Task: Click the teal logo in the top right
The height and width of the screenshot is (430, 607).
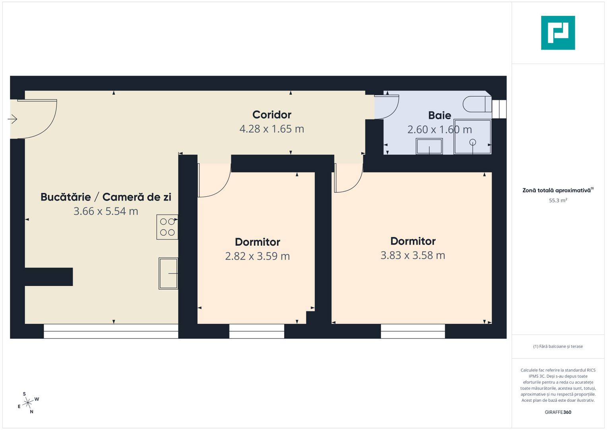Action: pyautogui.click(x=558, y=33)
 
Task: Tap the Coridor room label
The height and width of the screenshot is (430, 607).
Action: pyautogui.click(x=272, y=115)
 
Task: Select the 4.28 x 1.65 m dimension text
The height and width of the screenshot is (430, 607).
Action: pyautogui.click(x=272, y=129)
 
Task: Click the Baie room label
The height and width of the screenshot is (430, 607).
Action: pyautogui.click(x=440, y=115)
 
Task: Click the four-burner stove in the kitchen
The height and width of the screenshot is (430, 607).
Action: pyautogui.click(x=167, y=227)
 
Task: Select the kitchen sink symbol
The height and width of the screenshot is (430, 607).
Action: pyautogui.click(x=168, y=273)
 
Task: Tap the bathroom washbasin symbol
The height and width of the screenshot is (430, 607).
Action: pyautogui.click(x=429, y=146)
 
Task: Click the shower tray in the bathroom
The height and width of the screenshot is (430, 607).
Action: pyautogui.click(x=473, y=137)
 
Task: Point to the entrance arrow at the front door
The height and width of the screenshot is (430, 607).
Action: pyautogui.click(x=13, y=119)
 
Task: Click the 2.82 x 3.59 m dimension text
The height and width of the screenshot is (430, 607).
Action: pyautogui.click(x=258, y=256)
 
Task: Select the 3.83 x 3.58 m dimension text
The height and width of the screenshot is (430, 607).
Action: pyautogui.click(x=413, y=255)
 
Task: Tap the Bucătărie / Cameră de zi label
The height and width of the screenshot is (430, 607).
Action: pyautogui.click(x=106, y=197)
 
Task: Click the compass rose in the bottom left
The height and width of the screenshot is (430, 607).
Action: pyautogui.click(x=28, y=403)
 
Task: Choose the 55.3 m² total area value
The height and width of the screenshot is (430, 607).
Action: pyautogui.click(x=558, y=200)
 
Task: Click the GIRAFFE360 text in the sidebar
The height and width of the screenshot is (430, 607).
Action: pyautogui.click(x=558, y=412)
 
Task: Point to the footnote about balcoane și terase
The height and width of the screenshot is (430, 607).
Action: pyautogui.click(x=558, y=346)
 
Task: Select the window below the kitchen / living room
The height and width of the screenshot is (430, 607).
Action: pyautogui.click(x=111, y=331)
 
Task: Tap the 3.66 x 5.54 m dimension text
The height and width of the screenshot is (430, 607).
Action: pyautogui.click(x=106, y=211)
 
